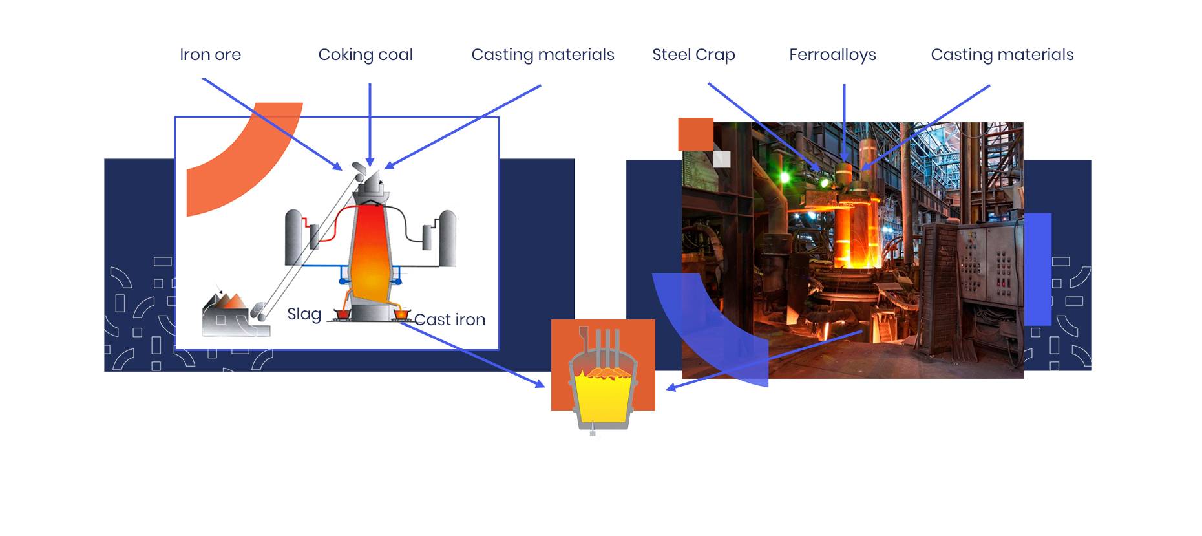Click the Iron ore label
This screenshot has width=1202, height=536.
point(210,55)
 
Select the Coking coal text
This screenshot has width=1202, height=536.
point(365,55)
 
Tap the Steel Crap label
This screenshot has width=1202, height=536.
point(693,55)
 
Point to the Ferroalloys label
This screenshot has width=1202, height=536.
point(832,55)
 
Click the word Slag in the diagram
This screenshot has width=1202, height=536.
point(304,314)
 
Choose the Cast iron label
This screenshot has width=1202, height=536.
point(450,319)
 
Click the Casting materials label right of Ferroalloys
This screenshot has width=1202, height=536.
point(1002,55)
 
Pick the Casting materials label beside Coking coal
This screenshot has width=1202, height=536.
point(543,55)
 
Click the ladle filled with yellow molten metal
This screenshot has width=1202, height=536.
point(603,391)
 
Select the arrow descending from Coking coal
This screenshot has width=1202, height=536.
point(370,125)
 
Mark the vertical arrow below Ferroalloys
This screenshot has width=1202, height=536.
point(844,123)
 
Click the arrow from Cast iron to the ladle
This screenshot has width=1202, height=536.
point(472,354)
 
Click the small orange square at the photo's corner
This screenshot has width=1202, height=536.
point(695,134)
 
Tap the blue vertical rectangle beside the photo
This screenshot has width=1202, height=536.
point(1038,269)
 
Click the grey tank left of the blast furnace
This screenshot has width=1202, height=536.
point(295,238)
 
